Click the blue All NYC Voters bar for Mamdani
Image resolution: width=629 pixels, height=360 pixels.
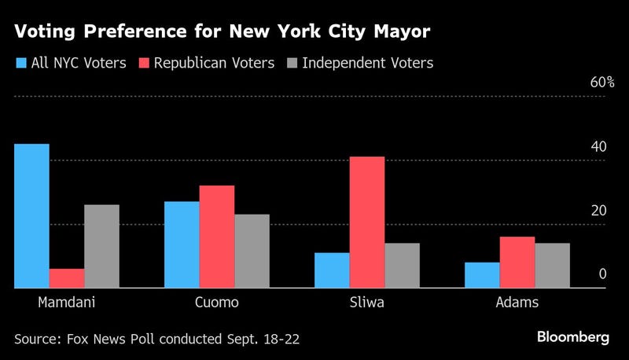pyautogui.click(x=31, y=216)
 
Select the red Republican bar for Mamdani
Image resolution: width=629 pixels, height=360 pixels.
pyautogui.click(x=67, y=278)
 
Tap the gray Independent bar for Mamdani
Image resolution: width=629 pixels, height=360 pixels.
pyautogui.click(x=101, y=247)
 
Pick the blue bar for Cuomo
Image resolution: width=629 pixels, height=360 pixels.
pyautogui.click(x=182, y=245)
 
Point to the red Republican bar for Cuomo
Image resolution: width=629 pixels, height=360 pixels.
pyautogui.click(x=217, y=237)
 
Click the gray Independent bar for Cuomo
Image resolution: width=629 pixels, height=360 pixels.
pyautogui.click(x=252, y=252)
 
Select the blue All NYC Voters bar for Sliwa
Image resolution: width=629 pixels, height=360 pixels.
pyautogui.click(x=332, y=270)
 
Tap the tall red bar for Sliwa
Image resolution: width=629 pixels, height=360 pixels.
pyautogui.click(x=367, y=222)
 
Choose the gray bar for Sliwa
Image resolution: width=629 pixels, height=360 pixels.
pyautogui.click(x=402, y=266)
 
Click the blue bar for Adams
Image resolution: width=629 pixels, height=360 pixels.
pyautogui.click(x=482, y=275)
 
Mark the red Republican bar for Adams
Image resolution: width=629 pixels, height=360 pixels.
pyautogui.click(x=517, y=263)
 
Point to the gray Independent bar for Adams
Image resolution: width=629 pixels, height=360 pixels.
pyautogui.click(x=552, y=266)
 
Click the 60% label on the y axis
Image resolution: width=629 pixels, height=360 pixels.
pyautogui.click(x=601, y=83)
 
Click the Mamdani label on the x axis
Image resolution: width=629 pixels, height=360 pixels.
pyautogui.click(x=66, y=303)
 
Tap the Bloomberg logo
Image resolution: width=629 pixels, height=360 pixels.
pyautogui.click(x=572, y=337)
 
